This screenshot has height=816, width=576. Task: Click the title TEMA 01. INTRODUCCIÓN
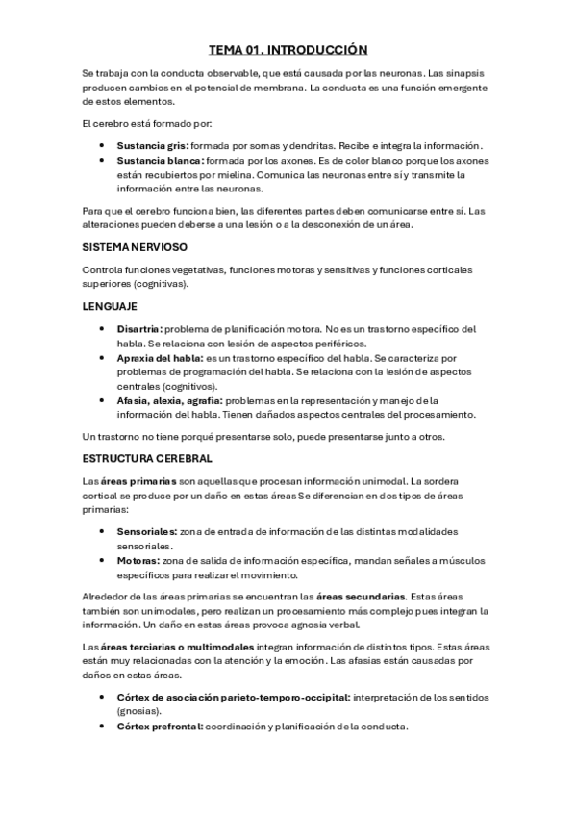tap(288, 49)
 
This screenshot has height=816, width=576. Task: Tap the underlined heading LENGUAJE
tap(111, 306)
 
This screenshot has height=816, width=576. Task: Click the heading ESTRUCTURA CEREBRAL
tap(147, 458)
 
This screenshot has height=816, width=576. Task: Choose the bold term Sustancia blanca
tap(159, 161)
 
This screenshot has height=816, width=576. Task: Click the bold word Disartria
tap(140, 329)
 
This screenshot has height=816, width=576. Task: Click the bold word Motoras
tap(138, 560)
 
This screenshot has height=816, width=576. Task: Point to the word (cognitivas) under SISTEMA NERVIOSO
tap(161, 284)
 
